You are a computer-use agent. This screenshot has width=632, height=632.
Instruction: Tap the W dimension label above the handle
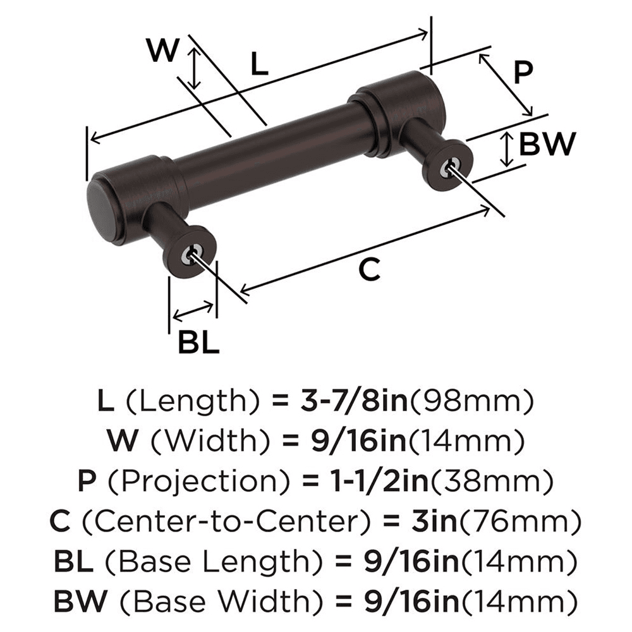pos(162,51)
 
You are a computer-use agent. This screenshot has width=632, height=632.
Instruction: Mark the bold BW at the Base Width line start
pos(78,600)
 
